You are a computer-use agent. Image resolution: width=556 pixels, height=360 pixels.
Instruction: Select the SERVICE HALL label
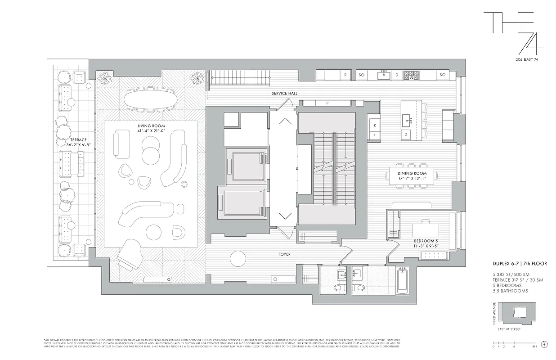pos(284,93)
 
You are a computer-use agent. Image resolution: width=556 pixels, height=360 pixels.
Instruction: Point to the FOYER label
pos(284,254)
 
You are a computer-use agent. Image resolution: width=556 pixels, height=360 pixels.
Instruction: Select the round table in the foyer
pos(238,259)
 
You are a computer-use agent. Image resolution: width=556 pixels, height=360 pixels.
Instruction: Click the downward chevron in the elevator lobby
pos(285,216)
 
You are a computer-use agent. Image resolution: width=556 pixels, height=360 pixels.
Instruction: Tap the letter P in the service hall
pos(327,103)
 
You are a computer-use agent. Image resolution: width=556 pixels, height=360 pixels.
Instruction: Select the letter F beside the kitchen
pos(374,135)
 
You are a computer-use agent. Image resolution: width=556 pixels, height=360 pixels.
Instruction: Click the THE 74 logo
pos(513,34)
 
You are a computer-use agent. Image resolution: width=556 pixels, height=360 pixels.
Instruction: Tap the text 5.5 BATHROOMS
pos(510,291)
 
